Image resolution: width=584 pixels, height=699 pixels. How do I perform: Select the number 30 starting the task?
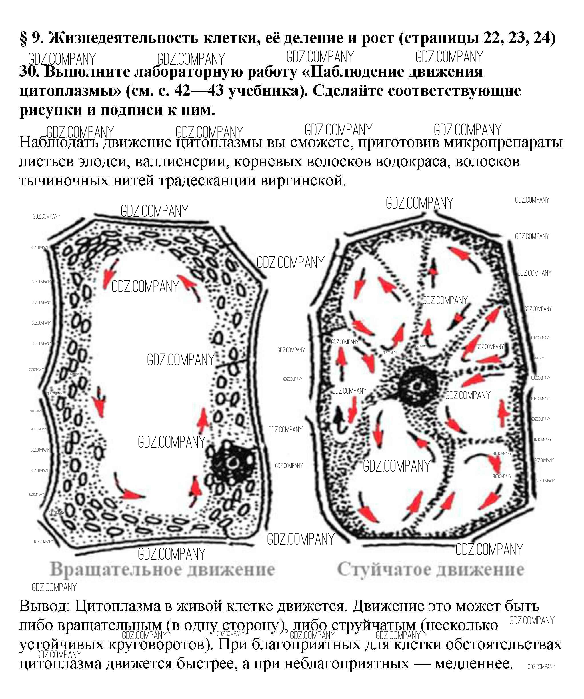(x=29, y=71)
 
